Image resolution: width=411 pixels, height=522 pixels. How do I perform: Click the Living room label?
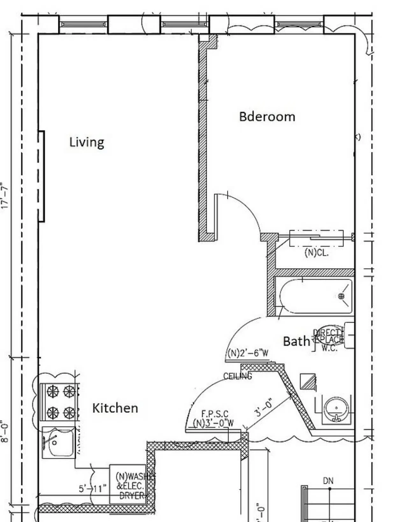(87, 142)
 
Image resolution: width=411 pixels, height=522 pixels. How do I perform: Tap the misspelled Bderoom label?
(267, 117)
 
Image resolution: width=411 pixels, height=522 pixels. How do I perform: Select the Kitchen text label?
(115, 408)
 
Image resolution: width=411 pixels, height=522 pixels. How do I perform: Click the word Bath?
(296, 341)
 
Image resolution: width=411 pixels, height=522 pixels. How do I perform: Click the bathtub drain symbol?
(341, 296)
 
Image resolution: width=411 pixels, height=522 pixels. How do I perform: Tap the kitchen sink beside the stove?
(59, 443)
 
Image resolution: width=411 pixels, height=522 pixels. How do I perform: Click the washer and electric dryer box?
(128, 484)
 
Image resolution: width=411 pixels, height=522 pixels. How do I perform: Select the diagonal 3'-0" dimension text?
(264, 407)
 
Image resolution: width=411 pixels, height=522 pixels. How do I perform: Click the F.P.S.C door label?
(215, 414)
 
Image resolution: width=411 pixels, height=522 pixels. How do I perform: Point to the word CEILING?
(237, 376)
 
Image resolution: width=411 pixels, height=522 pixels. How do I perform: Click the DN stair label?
(328, 481)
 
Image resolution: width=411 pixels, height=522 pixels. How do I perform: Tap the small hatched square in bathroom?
(308, 381)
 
